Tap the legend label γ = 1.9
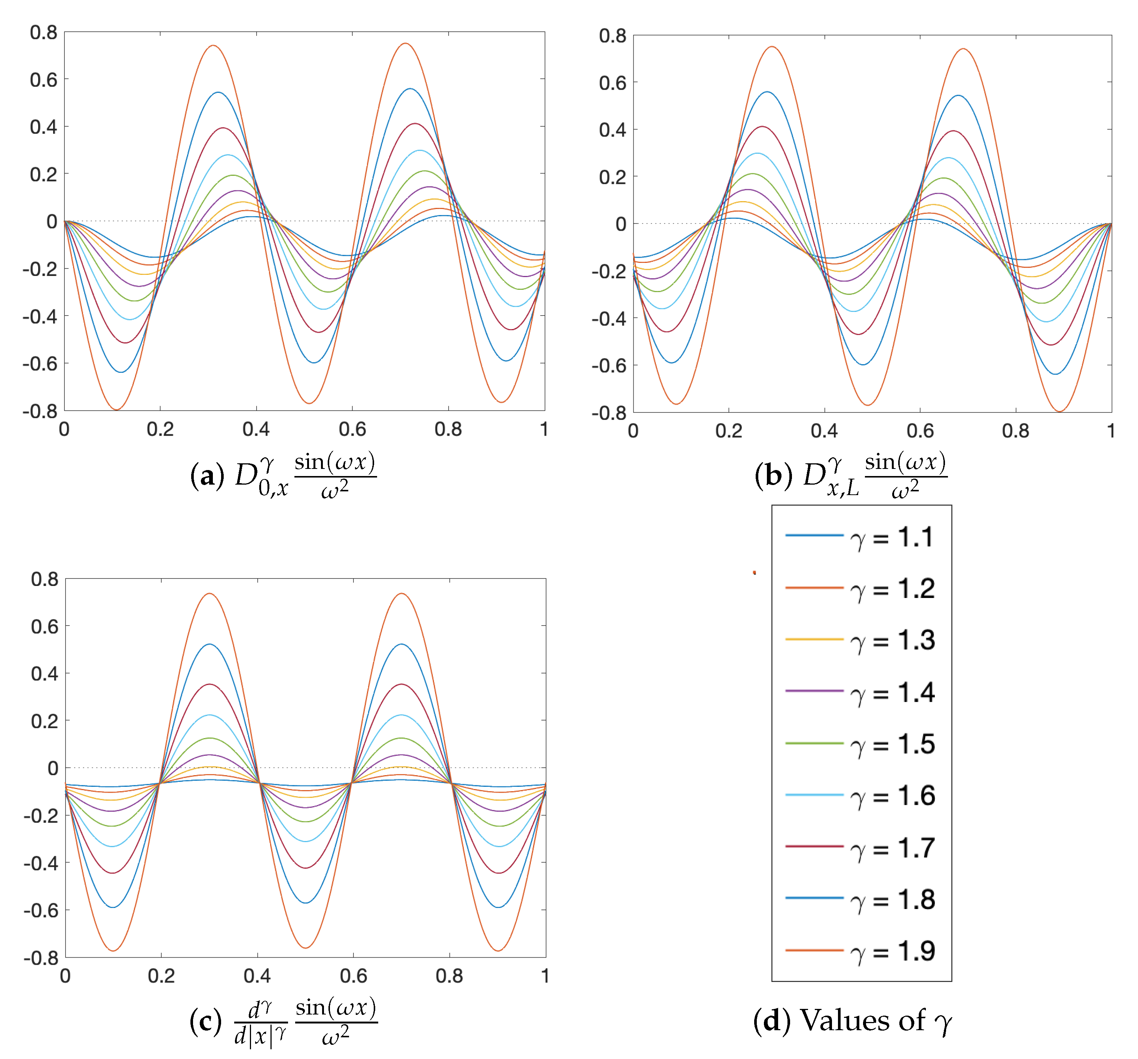(893, 951)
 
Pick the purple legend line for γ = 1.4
(814, 691)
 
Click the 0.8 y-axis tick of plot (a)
(43, 33)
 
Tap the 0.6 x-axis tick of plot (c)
(353, 976)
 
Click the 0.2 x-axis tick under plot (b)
(729, 430)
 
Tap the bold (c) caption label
(205, 1022)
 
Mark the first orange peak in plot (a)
(213, 46)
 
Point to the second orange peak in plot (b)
(963, 49)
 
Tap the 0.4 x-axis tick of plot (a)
(256, 429)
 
